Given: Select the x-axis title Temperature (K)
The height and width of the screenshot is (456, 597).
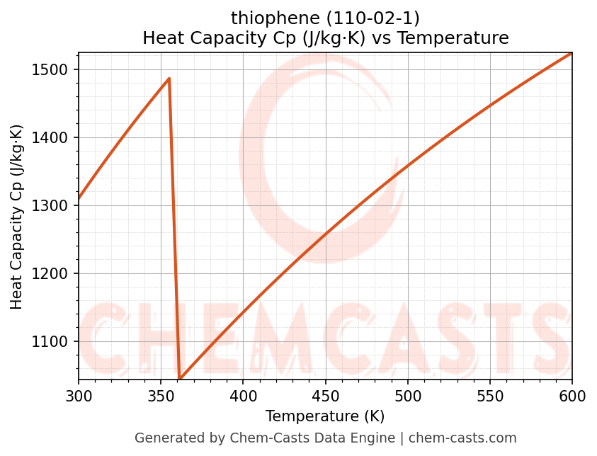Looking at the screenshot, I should [x=325, y=416].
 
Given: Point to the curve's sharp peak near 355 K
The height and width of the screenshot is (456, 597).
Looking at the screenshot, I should [x=169, y=79].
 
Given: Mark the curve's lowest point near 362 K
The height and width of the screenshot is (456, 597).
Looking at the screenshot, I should [x=180, y=379].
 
